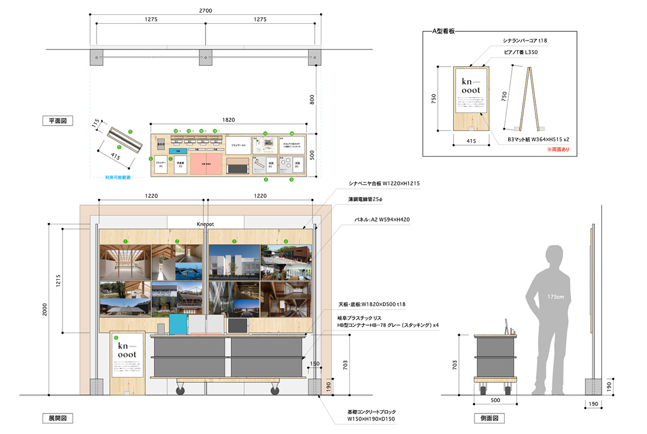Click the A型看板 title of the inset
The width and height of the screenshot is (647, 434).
444,31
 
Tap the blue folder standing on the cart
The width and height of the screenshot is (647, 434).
177,325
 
